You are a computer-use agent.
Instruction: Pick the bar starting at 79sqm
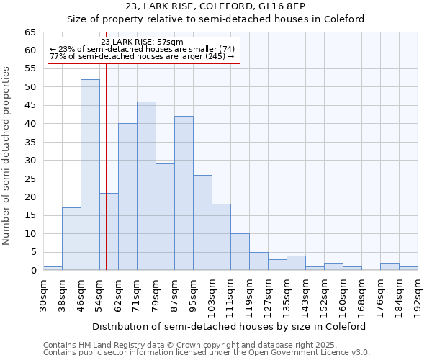[x=165, y=217]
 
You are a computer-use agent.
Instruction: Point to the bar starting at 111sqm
[x=240, y=252]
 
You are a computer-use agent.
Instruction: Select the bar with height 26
[x=202, y=222]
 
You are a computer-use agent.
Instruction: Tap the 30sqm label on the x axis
[x=44, y=294]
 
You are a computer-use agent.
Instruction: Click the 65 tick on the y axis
[x=30, y=32]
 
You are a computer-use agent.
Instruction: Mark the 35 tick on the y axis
[x=30, y=143]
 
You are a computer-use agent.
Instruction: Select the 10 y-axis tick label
[x=30, y=234]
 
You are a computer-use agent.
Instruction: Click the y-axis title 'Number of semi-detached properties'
[x=7, y=156]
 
